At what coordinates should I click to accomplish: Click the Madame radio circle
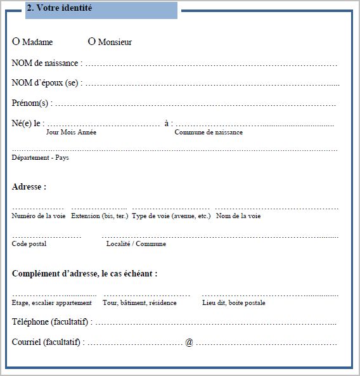point(16,42)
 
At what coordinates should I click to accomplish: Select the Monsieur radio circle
point(91,42)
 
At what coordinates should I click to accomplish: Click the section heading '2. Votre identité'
point(60,8)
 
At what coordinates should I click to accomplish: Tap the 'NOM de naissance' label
point(46,63)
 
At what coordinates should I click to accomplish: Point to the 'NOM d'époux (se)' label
point(46,83)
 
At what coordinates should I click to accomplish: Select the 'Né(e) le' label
point(27,123)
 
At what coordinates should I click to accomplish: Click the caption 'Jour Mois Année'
point(72,133)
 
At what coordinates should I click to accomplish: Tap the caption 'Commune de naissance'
point(209,133)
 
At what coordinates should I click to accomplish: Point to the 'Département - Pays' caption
point(40,157)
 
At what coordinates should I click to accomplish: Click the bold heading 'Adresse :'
point(29,187)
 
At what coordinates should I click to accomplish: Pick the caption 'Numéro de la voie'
point(39,216)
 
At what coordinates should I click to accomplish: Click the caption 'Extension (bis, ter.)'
point(99,216)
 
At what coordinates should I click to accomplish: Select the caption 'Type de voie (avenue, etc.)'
point(171,216)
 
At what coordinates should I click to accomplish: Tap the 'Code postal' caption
point(29,244)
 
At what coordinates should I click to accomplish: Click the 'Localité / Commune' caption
point(136,244)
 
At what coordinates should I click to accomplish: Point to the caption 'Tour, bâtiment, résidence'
point(139,303)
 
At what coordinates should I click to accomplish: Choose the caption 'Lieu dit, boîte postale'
point(233,303)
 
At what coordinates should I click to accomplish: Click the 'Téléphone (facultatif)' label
point(51,322)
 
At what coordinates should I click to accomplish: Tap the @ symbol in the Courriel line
point(189,342)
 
